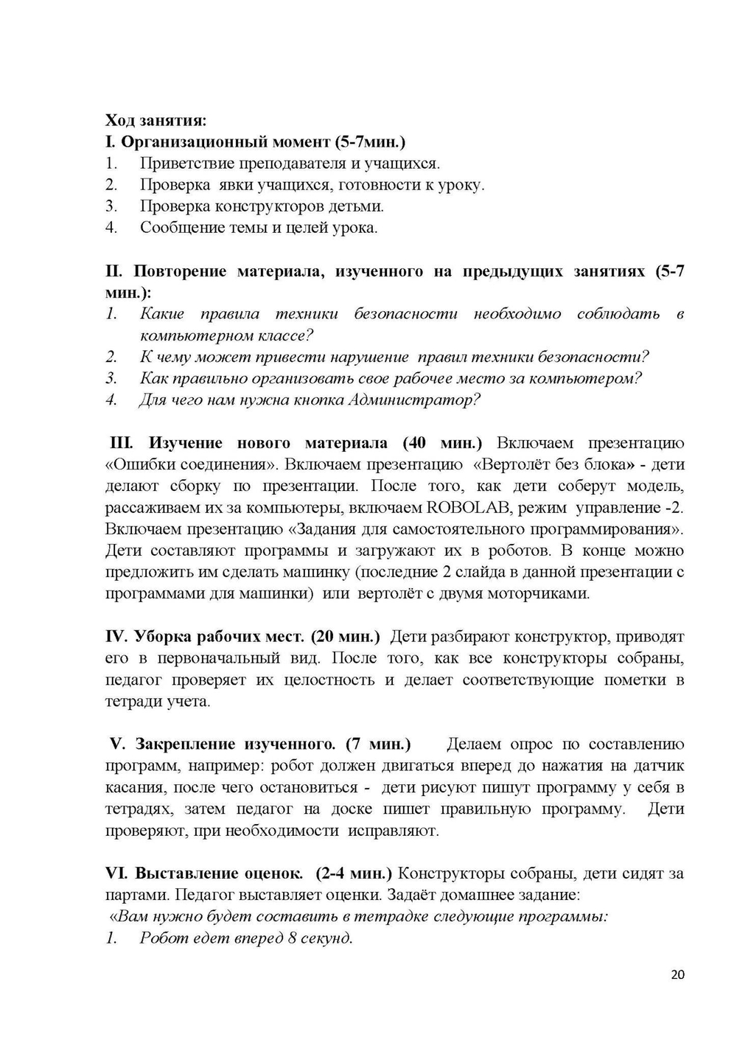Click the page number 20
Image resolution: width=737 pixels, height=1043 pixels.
pyautogui.click(x=678, y=974)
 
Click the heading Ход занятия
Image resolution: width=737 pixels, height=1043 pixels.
pyautogui.click(x=156, y=120)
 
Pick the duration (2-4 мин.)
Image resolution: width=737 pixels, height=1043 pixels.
pyautogui.click(x=354, y=873)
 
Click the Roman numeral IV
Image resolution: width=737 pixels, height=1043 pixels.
pyautogui.click(x=117, y=636)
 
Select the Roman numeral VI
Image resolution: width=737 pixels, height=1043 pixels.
pyautogui.click(x=116, y=873)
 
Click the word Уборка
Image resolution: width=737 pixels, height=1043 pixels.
pyautogui.click(x=161, y=636)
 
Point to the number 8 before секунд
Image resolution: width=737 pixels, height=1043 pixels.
pyautogui.click(x=293, y=938)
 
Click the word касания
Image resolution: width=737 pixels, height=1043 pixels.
pyautogui.click(x=133, y=787)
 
